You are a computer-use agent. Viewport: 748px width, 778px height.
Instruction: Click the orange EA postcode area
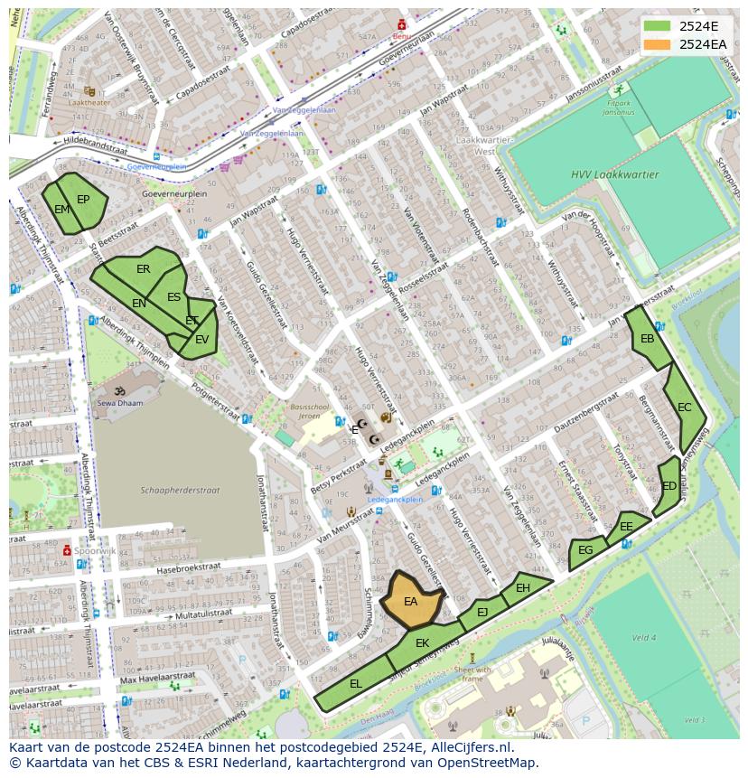coord(412,601)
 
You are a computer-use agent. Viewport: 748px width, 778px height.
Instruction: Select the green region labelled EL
coord(355,684)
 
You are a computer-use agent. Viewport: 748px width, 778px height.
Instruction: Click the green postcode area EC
coord(684,408)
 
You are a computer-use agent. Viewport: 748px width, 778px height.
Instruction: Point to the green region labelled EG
coord(585,550)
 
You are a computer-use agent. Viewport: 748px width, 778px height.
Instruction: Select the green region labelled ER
coord(143,269)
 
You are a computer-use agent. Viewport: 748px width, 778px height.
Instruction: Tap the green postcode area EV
coord(201,340)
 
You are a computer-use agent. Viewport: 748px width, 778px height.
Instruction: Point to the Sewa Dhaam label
coord(121,404)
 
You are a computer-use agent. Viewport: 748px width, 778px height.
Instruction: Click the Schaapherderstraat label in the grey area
coord(180,491)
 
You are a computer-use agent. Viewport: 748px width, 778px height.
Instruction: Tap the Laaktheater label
coord(90,103)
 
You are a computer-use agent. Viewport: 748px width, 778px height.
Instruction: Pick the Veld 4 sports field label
coord(644,637)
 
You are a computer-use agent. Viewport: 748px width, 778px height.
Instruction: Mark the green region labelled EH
coord(523,588)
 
